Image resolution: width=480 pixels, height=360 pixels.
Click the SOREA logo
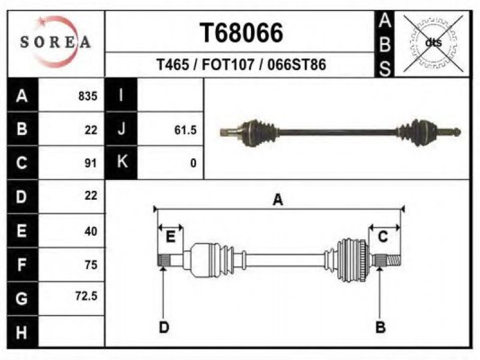[x=55, y=42]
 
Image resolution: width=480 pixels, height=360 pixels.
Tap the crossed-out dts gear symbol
[x=433, y=43]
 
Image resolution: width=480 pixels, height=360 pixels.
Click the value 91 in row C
[x=91, y=163]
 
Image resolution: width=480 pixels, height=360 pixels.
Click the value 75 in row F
[x=91, y=264]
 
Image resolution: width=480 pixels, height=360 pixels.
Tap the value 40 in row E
[x=91, y=230]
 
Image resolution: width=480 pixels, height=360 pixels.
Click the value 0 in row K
[x=193, y=163]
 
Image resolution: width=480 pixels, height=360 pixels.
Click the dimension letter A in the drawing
[x=277, y=200]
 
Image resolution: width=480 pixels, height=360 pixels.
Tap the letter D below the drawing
[x=163, y=327]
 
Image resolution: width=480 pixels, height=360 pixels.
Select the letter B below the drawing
[x=380, y=327]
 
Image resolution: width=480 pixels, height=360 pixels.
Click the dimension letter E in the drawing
[x=170, y=238]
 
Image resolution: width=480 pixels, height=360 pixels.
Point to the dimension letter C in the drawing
[x=383, y=238]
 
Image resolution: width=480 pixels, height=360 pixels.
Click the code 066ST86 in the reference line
[x=297, y=65]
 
